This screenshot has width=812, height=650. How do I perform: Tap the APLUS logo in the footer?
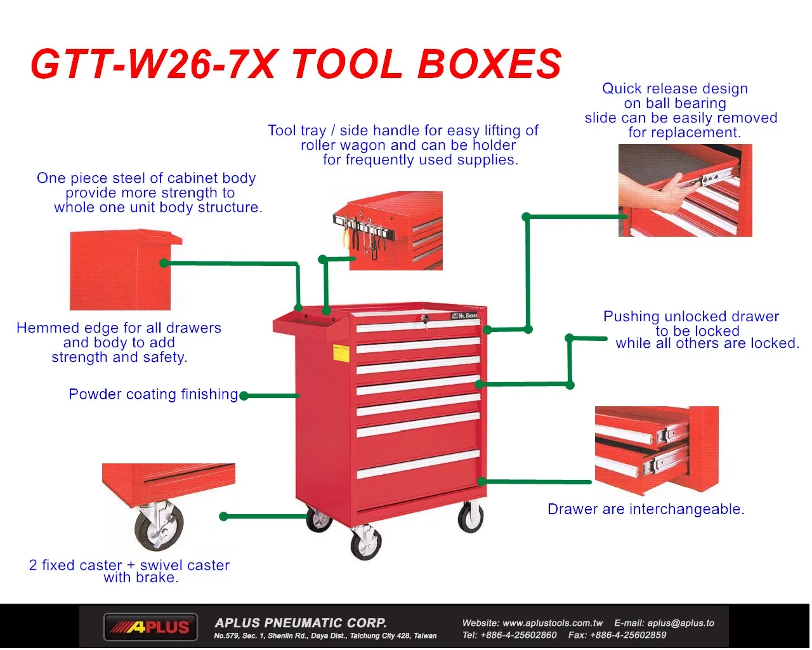[x=151, y=627]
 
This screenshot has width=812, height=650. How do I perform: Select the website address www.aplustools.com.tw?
[x=552, y=623]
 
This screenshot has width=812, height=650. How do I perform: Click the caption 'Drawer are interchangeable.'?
[x=646, y=509]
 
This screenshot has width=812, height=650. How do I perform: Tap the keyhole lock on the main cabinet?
[x=426, y=319]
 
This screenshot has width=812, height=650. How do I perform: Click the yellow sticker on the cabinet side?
[x=341, y=354]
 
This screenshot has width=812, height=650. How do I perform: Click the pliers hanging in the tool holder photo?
[x=348, y=236]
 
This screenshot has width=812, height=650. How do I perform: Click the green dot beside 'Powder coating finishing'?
[x=244, y=396]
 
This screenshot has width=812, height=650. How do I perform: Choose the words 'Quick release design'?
[x=675, y=89]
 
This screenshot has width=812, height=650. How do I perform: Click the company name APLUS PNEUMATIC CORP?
[x=301, y=623]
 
